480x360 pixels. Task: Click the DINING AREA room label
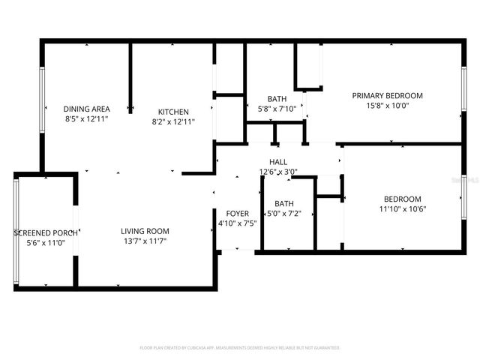click(86, 108)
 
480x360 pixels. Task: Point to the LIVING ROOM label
click(145, 231)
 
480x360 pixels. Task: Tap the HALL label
click(278, 162)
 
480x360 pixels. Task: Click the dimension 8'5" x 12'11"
click(86, 118)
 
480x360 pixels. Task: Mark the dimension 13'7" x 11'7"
click(145, 241)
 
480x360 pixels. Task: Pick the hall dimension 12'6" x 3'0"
click(278, 172)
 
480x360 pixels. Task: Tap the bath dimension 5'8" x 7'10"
click(277, 109)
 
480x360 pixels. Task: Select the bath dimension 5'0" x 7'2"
click(284, 214)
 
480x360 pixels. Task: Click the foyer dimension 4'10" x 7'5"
click(237, 223)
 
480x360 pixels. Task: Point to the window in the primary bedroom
click(463, 91)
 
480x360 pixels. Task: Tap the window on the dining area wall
click(42, 100)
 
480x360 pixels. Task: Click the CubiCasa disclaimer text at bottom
click(240, 348)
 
